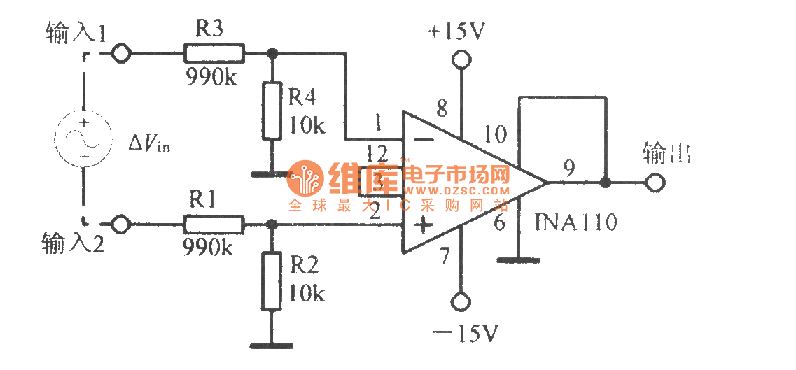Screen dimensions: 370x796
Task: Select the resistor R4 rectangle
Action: [x=273, y=111]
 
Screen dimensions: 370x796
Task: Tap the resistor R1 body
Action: [x=214, y=225]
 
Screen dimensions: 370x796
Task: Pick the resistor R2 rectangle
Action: [x=273, y=282]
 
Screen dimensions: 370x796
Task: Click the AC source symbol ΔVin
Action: [x=84, y=138]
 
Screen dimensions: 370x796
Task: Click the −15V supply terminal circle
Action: [x=460, y=302]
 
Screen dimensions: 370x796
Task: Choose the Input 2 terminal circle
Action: [x=122, y=225]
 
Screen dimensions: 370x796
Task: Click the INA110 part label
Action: [x=575, y=223]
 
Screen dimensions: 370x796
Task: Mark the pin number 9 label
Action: [x=569, y=168]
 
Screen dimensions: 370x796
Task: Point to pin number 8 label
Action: [x=441, y=109]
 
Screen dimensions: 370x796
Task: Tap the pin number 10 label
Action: [x=495, y=135]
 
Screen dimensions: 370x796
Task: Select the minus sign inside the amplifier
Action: [x=423, y=138]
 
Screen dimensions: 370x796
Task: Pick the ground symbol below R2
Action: [x=272, y=344]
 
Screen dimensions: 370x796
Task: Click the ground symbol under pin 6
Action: [x=518, y=260]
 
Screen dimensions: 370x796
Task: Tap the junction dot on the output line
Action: [x=606, y=183]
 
